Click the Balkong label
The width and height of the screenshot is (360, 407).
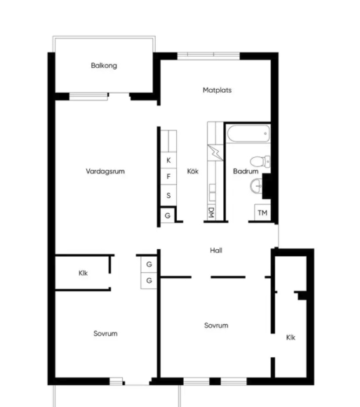pyautogui.click(x=104, y=65)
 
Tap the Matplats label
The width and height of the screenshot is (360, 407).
pyautogui.click(x=217, y=90)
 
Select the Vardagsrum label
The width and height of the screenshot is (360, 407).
pyautogui.click(x=105, y=171)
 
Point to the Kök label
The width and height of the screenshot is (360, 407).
pyautogui.click(x=192, y=171)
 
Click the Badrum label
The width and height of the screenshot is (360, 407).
pyautogui.click(x=246, y=171)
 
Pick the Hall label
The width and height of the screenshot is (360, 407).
pyautogui.click(x=216, y=251)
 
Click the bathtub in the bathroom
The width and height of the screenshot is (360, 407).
pyautogui.click(x=248, y=133)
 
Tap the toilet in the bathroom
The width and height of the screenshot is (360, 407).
pyautogui.click(x=260, y=161)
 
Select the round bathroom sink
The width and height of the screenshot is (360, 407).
pyautogui.click(x=256, y=186)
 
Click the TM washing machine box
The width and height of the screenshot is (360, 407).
pyautogui.click(x=262, y=213)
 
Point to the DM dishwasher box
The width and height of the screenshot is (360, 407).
pyautogui.click(x=211, y=213)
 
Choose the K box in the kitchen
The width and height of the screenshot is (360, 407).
pyautogui.click(x=168, y=160)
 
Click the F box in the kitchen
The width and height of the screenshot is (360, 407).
pyautogui.click(x=168, y=177)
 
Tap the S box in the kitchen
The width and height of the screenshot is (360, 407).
pyautogui.click(x=168, y=196)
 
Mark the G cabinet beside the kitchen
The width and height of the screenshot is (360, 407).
pyautogui.click(x=168, y=215)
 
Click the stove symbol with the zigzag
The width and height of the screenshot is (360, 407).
pyautogui.click(x=215, y=153)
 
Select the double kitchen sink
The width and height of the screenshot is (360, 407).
pyautogui.click(x=213, y=192)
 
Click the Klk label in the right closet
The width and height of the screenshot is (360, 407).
pyautogui.click(x=291, y=337)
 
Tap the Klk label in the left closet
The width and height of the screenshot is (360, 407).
pyautogui.click(x=83, y=273)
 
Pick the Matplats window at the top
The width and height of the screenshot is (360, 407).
pyautogui.click(x=208, y=55)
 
